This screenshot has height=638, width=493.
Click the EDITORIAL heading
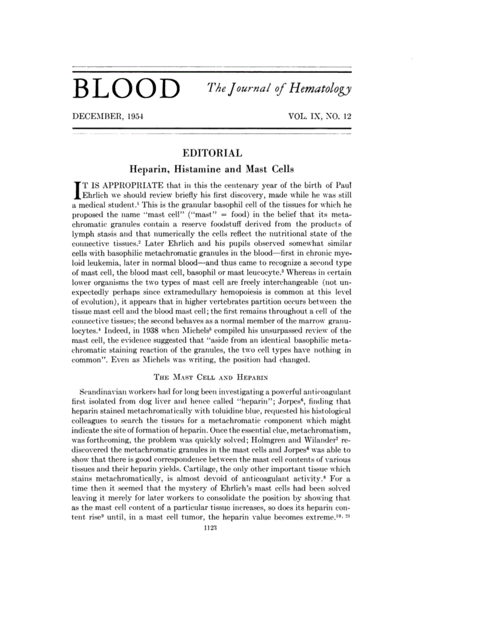tap(211, 153)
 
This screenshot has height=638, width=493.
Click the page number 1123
tap(211, 528)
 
